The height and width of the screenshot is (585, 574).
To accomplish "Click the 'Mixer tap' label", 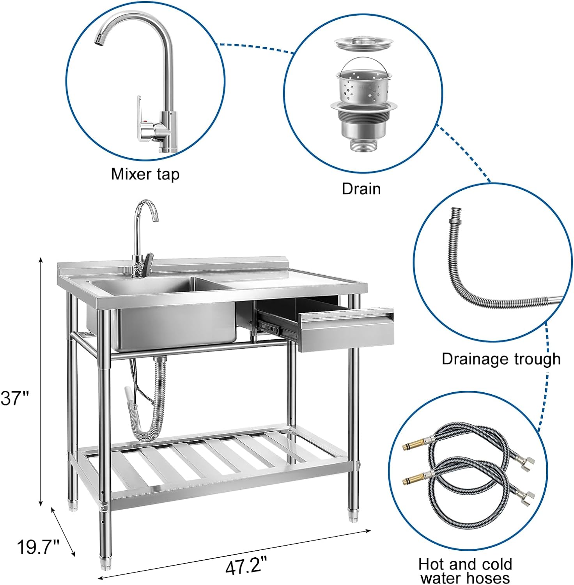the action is tap(145, 174).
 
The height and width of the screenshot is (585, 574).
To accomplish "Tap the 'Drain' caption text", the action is tap(361, 189).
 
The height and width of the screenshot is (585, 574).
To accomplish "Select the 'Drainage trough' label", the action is tap(501, 359).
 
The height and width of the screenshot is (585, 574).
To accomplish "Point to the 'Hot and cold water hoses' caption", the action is tap(465, 570).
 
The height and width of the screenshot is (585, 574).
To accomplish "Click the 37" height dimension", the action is tap(15, 398).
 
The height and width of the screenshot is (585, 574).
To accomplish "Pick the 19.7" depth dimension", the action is tap(37, 547).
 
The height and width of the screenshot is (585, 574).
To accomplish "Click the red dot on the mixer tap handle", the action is tap(146, 122).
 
